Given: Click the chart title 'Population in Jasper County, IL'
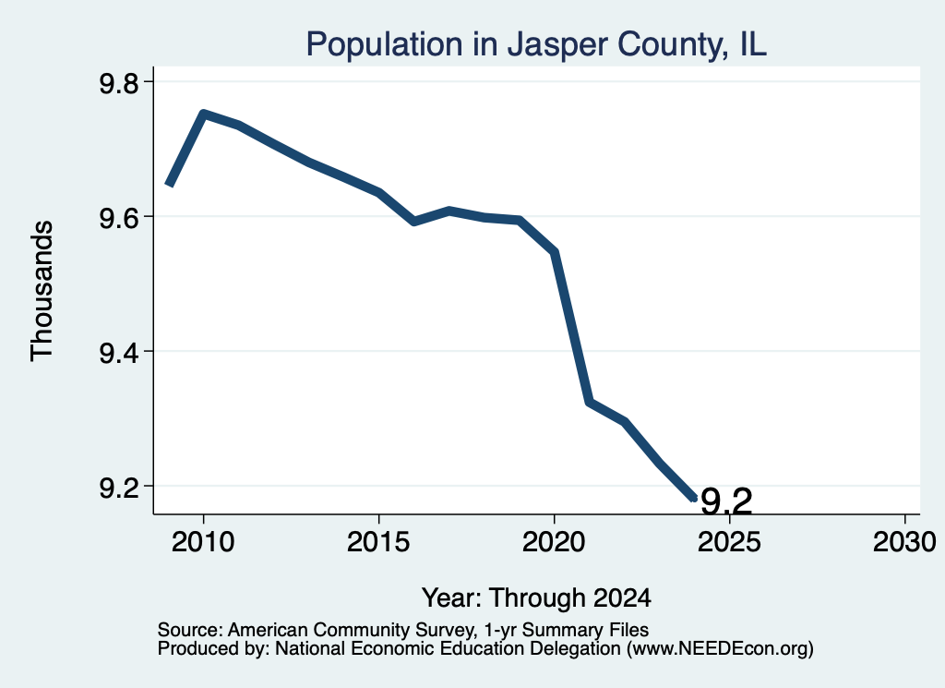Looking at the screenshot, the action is [536, 44].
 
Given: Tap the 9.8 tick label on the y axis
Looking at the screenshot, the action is [119, 82].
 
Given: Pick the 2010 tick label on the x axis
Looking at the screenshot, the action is [203, 541].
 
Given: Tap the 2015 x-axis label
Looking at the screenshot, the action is [378, 541].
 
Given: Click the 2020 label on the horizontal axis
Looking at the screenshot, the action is [554, 541].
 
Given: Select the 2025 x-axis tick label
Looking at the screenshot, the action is [729, 541].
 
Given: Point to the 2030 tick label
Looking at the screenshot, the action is [904, 541].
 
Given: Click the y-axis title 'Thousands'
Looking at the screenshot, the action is [42, 291].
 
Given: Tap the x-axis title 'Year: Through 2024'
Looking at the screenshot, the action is [536, 598].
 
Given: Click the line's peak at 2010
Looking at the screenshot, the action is [204, 114].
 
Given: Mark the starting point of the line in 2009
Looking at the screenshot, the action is [170, 185].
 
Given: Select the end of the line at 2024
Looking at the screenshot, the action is [694, 498].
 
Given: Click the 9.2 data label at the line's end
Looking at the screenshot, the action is [727, 501].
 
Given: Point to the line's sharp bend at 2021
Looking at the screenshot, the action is [590, 402].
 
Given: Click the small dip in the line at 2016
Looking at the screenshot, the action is [414, 222].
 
